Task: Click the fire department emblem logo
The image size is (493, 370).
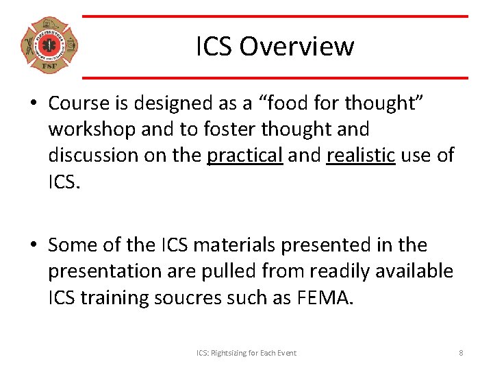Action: pos(49,46)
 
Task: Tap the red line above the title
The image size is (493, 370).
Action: pos(275,16)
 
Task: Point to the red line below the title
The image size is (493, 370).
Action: pos(275,77)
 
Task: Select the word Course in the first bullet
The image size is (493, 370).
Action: pos(79,103)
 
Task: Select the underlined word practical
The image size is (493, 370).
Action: pos(244,155)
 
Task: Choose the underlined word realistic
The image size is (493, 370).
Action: pos(361,155)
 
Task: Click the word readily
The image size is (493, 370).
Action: pos(342,271)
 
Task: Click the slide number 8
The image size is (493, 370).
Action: pos(461,353)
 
